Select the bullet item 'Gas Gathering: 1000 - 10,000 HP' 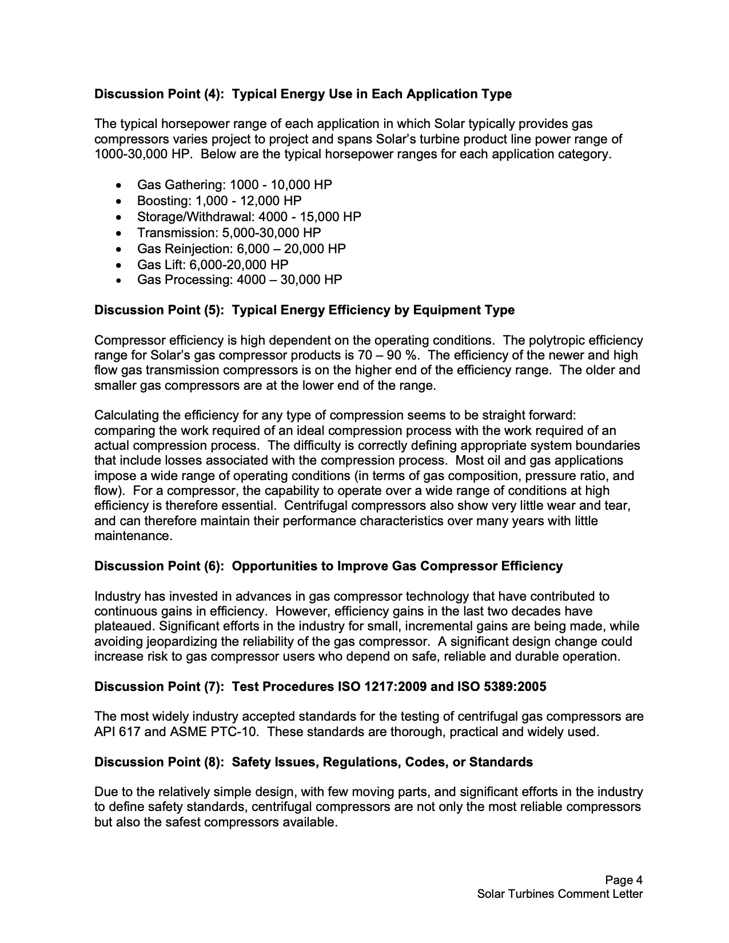[234, 185]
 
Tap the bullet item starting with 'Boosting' [219, 201]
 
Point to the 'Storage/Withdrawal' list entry [249, 217]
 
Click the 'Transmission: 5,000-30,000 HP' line [229, 233]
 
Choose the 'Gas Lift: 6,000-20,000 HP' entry [213, 265]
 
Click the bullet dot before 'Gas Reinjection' [118, 249]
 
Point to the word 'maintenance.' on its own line [133, 537]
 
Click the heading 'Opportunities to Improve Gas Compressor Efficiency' [397, 566]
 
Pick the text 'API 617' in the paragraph [117, 732]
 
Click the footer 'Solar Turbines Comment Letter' [560, 894]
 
